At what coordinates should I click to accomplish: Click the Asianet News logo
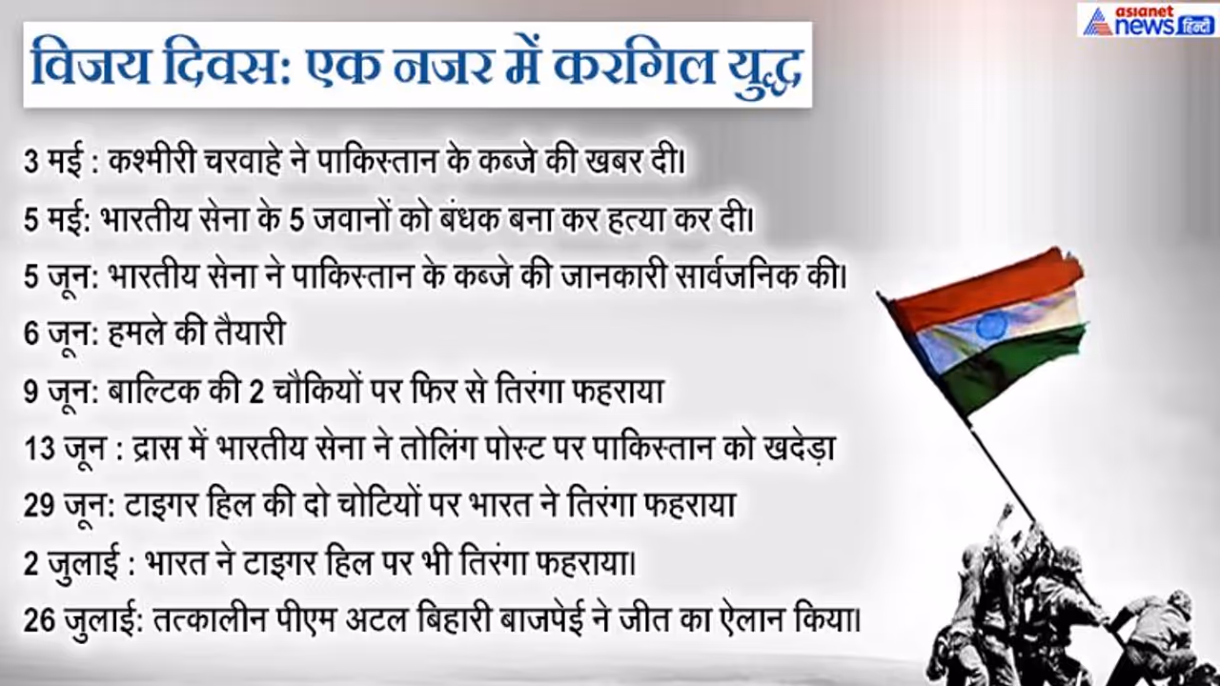1148,20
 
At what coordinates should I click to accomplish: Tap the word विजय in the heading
90,66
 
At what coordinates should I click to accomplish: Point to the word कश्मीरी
152,161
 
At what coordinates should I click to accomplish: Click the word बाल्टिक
153,391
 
